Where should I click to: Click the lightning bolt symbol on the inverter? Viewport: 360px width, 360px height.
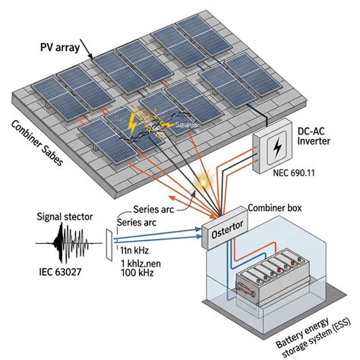tap(278, 146)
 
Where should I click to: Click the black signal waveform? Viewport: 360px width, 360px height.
tap(68, 245)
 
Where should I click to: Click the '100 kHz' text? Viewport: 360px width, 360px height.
tap(137, 273)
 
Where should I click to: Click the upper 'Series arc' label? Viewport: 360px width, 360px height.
tap(156, 210)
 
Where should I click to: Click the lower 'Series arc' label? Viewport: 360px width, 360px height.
tap(136, 222)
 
